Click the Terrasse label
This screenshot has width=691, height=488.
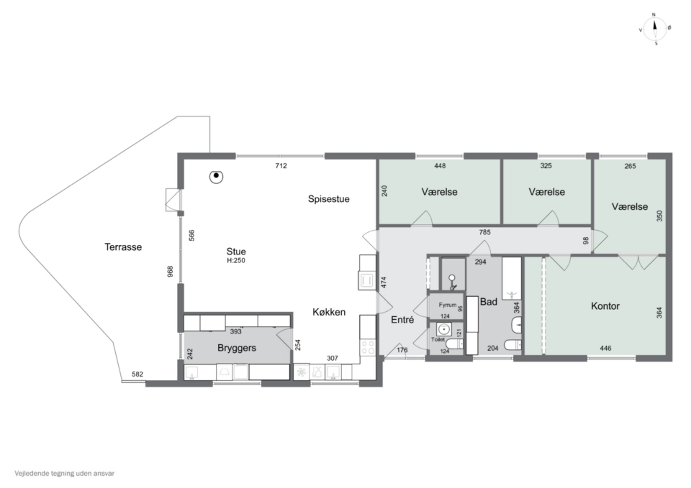click(123, 247)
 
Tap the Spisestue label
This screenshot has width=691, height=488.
click(329, 199)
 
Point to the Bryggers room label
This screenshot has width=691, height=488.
click(237, 348)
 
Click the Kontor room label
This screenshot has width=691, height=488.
click(605, 306)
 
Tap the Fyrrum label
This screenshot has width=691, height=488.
click(448, 305)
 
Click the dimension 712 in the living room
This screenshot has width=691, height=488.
click(281, 166)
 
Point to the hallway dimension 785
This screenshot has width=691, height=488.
click(485, 232)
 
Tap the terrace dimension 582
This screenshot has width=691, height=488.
click(137, 374)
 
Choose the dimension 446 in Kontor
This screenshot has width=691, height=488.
click(606, 348)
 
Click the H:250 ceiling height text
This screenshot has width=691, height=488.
click(236, 261)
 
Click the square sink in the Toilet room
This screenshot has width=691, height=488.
click(444, 329)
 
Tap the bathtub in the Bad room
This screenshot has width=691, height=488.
click(511, 278)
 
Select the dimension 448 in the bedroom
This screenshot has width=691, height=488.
click(440, 166)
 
